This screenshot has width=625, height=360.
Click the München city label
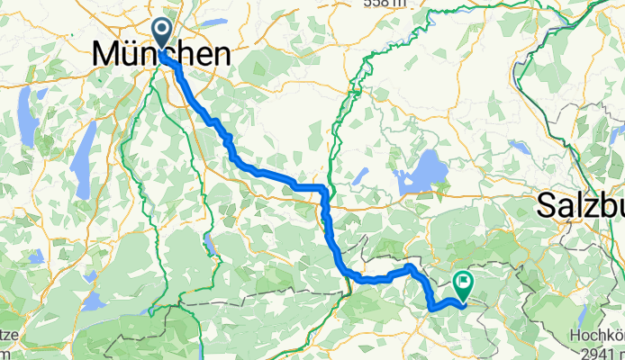click(x=160, y=56)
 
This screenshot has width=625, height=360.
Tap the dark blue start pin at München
click(x=163, y=34)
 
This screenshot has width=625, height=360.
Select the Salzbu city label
click(x=582, y=205)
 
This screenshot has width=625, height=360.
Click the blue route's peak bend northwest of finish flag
click(x=410, y=267)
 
